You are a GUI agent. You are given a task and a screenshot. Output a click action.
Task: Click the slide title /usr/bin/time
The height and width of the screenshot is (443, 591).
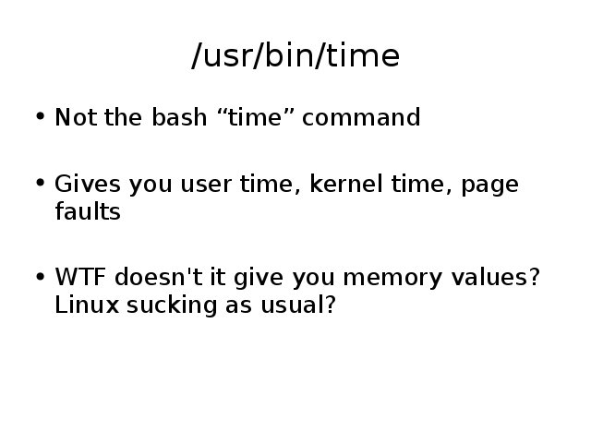pos(295,55)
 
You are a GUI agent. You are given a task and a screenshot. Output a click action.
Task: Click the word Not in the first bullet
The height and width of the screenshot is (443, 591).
pos(76,117)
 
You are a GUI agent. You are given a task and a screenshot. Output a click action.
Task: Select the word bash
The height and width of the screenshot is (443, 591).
pos(179,117)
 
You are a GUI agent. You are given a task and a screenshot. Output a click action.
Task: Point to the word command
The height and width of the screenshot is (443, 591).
pos(361,117)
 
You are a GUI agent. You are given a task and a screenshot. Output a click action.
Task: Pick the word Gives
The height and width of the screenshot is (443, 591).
pos(88,184)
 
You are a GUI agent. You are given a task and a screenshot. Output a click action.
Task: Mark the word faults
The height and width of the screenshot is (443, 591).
pos(88,211)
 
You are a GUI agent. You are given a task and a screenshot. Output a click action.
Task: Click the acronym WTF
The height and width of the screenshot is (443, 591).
pos(80,277)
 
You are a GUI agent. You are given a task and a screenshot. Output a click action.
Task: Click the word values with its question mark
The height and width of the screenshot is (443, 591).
pos(496,277)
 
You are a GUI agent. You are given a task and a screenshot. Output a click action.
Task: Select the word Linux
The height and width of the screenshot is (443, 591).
pos(87,305)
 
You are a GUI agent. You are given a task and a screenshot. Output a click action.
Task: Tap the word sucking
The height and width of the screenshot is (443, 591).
pos(172,306)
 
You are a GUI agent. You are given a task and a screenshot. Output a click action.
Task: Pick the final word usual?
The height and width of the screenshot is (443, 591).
pos(297,305)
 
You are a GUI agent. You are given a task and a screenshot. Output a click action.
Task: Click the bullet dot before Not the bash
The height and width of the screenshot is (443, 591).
pos(41,116)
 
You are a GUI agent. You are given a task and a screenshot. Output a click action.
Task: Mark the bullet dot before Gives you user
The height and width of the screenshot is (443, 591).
pos(41,183)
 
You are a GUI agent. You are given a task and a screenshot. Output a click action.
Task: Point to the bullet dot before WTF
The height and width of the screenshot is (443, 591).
pos(41,276)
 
